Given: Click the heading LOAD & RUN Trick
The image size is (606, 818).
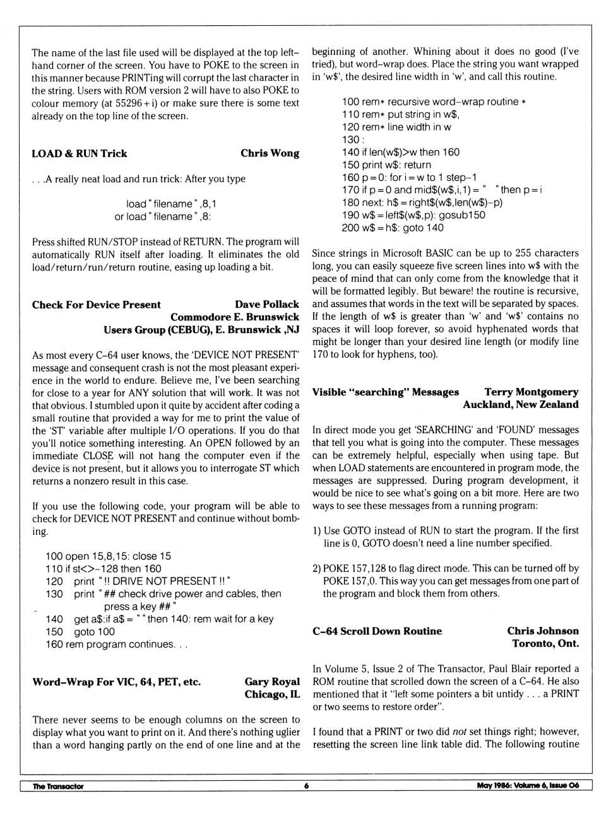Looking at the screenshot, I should (x=80, y=153).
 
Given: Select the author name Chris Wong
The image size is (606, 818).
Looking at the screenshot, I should (x=270, y=153).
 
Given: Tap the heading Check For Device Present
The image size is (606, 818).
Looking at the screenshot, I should (x=97, y=305).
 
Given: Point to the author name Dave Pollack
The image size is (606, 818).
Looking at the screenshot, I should (x=266, y=305).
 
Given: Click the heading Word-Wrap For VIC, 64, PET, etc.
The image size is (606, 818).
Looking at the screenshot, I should (x=117, y=682).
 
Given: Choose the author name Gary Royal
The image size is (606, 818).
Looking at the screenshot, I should (x=272, y=682).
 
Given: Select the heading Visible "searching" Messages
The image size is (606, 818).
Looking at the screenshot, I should (x=386, y=392).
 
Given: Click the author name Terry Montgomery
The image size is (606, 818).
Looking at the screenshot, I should (x=531, y=392).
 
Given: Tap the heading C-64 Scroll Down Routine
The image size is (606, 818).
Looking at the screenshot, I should (x=377, y=631).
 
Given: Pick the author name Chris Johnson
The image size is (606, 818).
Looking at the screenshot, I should (x=542, y=631).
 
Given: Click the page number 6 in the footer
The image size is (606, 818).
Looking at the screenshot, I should (x=306, y=786).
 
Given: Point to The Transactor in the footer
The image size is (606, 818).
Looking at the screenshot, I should (x=58, y=786).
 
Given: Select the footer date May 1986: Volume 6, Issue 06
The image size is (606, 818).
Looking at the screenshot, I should (x=527, y=786).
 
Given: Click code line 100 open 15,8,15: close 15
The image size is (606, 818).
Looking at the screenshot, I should (x=108, y=556).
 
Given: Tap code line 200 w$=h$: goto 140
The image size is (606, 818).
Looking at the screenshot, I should (x=393, y=228).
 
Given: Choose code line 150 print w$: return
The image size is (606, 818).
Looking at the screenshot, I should (x=386, y=165).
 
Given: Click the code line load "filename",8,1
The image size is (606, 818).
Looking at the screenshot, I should (x=171, y=204).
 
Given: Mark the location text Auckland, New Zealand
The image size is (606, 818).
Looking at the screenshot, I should (x=520, y=405).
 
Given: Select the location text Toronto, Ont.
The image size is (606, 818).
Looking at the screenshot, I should (x=545, y=644).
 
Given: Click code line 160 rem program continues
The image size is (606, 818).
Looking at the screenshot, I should (x=116, y=645).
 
